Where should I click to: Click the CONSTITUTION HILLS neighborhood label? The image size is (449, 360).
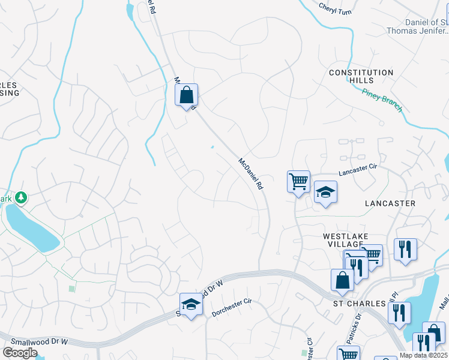pos(361,76)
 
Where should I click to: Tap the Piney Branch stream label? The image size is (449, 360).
pos(382,100)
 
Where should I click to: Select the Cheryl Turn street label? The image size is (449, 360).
pos(334,9)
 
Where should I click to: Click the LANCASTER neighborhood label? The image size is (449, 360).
pos(390,203)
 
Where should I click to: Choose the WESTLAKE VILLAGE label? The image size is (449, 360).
pos(345,241)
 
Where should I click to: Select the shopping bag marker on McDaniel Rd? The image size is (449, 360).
pos(187,95)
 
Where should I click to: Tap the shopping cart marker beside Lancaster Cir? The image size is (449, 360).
pos(298,181)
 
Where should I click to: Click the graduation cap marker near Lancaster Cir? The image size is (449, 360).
pos(325,192)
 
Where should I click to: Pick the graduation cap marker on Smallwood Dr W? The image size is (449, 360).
pos(191,305)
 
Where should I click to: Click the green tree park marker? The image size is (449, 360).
pos(22,197)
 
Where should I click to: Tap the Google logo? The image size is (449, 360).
pos(20,353)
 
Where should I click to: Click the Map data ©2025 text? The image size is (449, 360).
pos(423,355)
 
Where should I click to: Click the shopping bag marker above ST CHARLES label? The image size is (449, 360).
pos(342,281)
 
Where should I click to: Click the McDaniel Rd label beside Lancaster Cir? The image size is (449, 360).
pos(251,174)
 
